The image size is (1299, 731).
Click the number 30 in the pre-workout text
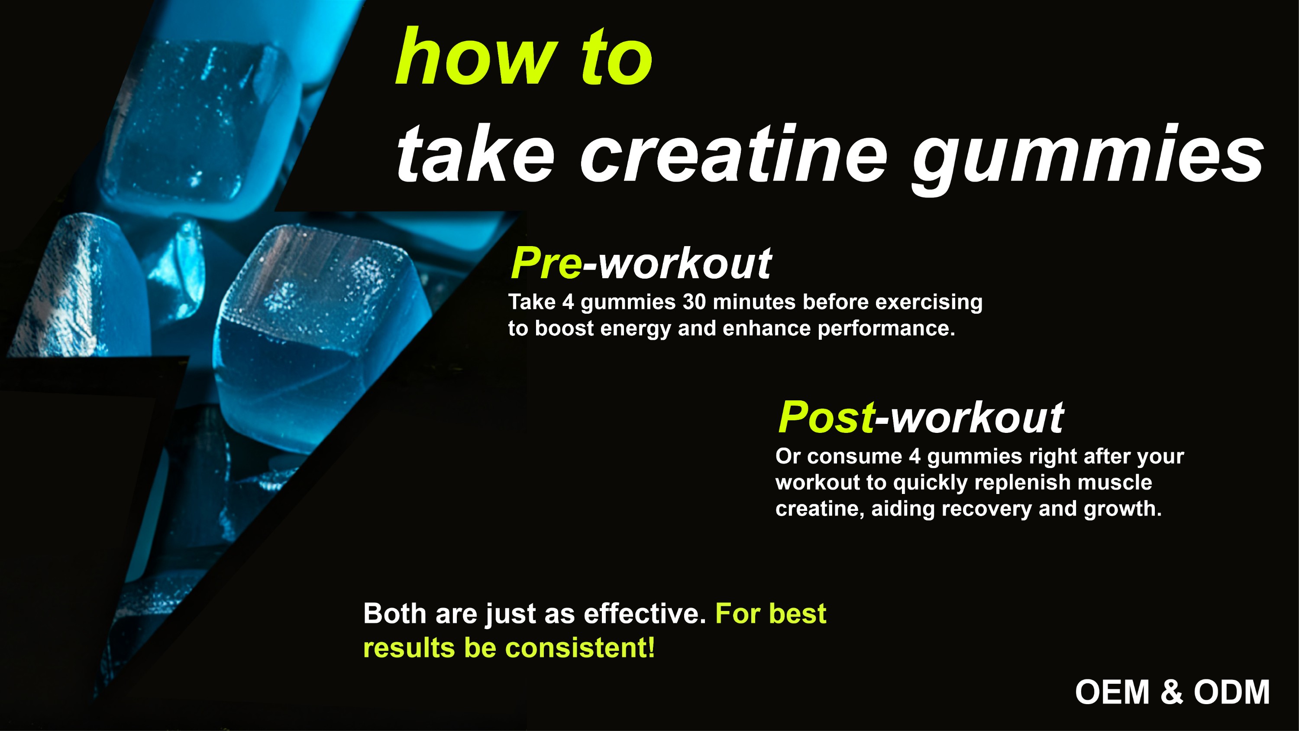pyautogui.click(x=695, y=302)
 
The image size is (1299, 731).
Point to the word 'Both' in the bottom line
pyautogui.click(x=395, y=614)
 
